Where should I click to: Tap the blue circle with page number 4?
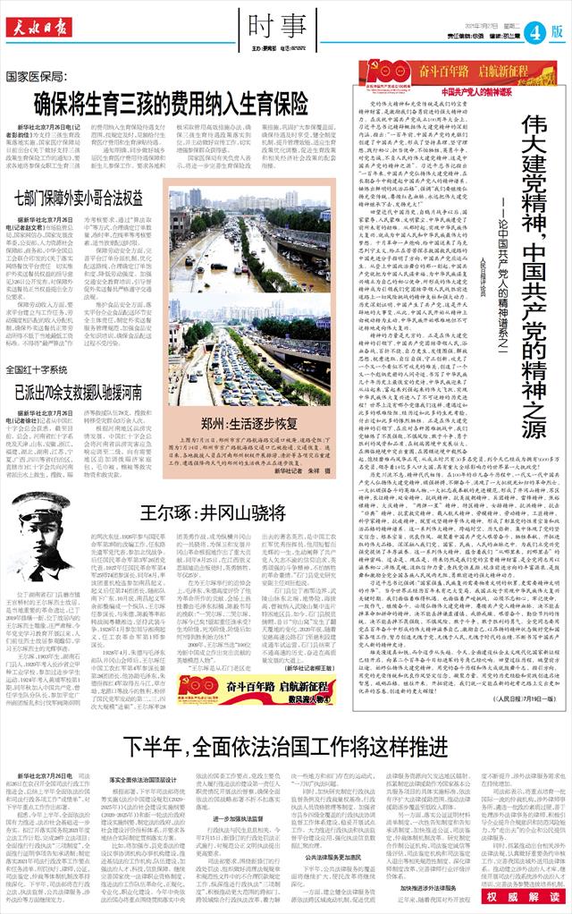click(533, 31)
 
